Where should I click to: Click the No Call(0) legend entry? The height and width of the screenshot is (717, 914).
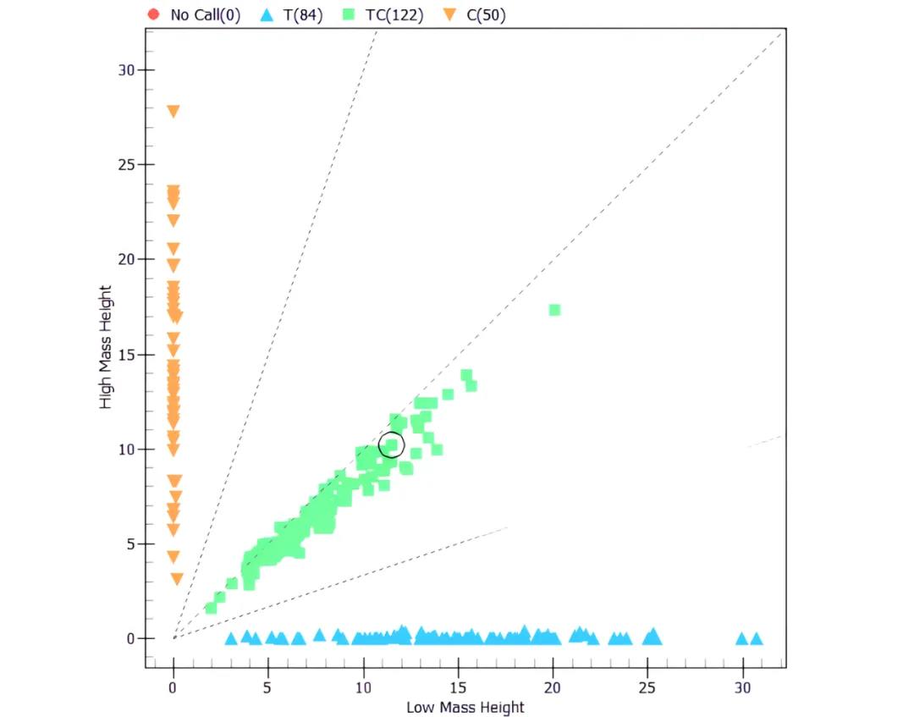pyautogui.click(x=193, y=14)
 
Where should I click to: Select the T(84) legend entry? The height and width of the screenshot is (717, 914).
pyautogui.click(x=290, y=14)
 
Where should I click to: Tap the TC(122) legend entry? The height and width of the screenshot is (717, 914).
pyautogui.click(x=384, y=14)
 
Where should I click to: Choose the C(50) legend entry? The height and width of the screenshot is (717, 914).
pyautogui.click(x=476, y=14)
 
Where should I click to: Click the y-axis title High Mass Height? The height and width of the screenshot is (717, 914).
pyautogui.click(x=106, y=347)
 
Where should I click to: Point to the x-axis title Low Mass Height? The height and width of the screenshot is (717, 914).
pyautogui.click(x=465, y=707)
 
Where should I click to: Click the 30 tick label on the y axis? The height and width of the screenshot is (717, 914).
pyautogui.click(x=126, y=69)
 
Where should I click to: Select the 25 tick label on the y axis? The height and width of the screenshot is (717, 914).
pyautogui.click(x=126, y=164)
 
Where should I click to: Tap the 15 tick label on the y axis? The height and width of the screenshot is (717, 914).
pyautogui.click(x=126, y=354)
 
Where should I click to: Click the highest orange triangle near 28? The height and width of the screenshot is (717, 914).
pyautogui.click(x=173, y=111)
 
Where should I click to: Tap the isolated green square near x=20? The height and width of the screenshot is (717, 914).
pyautogui.click(x=554, y=310)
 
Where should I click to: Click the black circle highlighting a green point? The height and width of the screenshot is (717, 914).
pyautogui.click(x=391, y=444)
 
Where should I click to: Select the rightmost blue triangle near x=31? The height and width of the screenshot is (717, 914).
pyautogui.click(x=757, y=639)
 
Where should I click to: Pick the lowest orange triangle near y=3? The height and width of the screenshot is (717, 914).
pyautogui.click(x=177, y=579)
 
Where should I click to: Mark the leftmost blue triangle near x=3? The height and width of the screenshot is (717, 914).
pyautogui.click(x=231, y=639)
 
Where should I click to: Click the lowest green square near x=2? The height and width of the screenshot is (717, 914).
pyautogui.click(x=211, y=608)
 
